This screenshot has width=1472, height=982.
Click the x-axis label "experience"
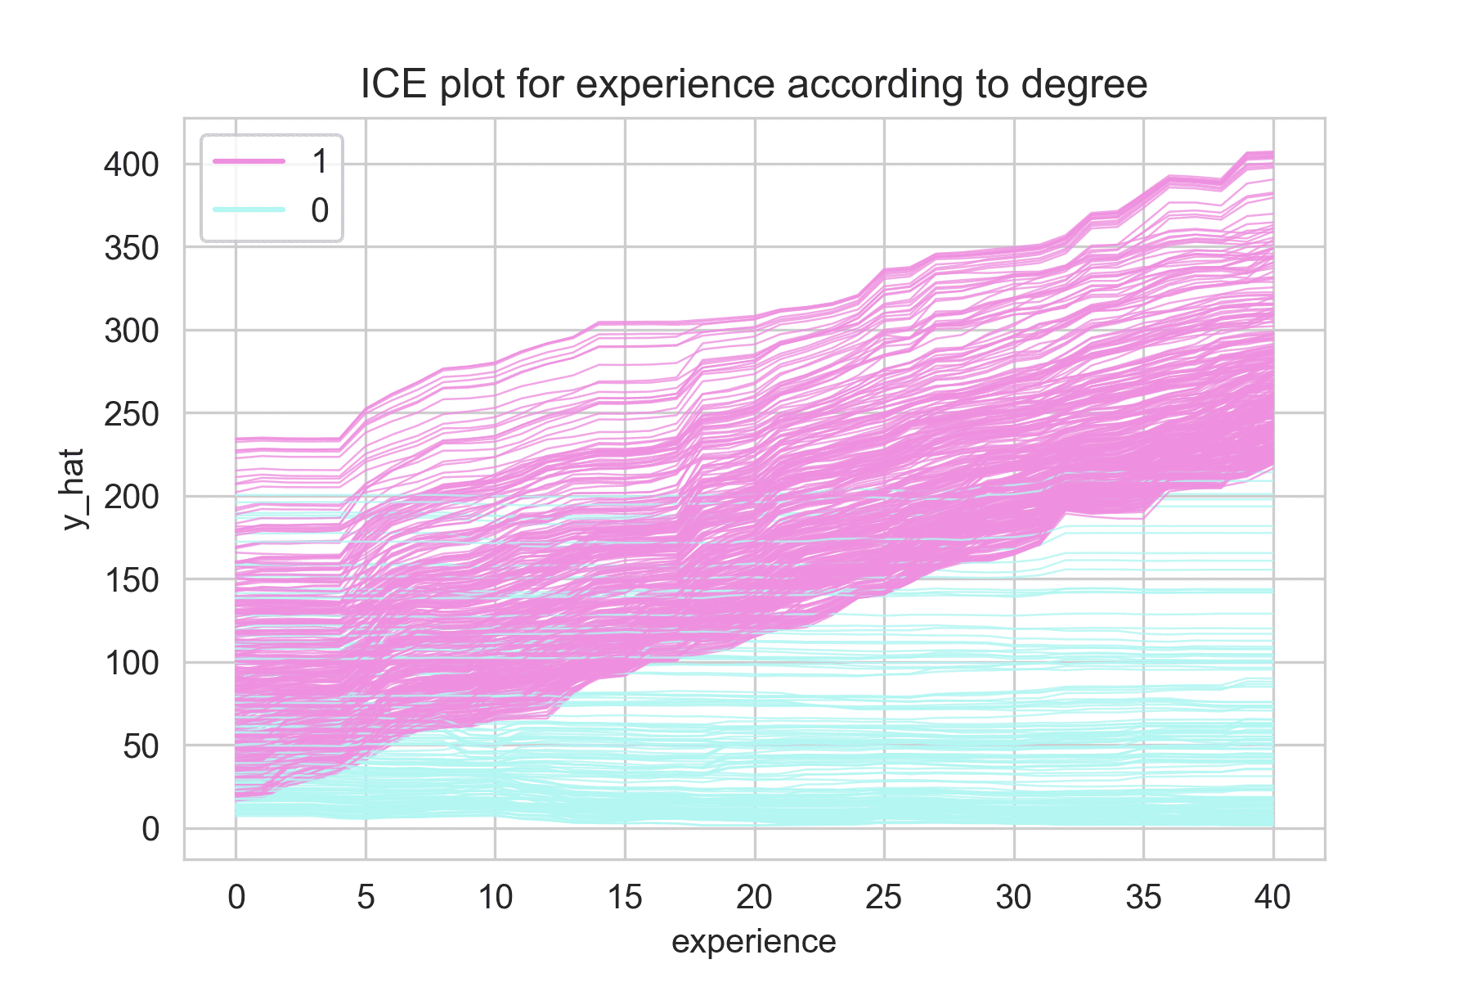pos(753,942)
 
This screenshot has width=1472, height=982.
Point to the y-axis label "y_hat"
pos(74,489)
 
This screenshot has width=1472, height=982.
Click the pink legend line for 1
pos(249,162)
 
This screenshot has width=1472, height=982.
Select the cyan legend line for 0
pos(249,210)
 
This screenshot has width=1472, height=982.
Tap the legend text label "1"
pos(320,162)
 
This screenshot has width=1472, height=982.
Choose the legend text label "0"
pos(320,210)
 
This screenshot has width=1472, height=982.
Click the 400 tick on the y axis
pos(131,164)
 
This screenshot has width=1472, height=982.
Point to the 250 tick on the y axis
pos(131,413)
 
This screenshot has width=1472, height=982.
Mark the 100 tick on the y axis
pos(131,662)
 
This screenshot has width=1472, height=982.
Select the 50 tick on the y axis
pos(140,746)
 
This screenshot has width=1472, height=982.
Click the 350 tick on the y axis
pos(131,247)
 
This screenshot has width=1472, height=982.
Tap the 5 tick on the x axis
pos(366,898)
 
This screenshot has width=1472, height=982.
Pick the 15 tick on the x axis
pos(625,898)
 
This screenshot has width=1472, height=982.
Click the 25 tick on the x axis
pos(884,898)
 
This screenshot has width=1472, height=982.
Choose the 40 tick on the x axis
pos(1272,898)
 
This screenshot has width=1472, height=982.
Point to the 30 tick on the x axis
pos(1014,898)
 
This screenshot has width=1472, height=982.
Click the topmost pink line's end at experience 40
pos(1272,153)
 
